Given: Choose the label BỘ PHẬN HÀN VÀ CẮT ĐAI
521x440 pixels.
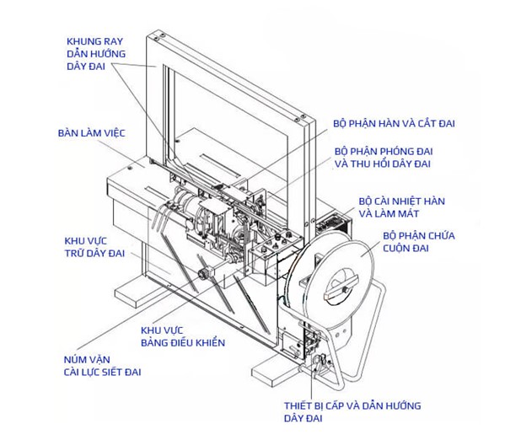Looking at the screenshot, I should [394, 123].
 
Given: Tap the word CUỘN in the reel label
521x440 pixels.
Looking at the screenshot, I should [397, 250].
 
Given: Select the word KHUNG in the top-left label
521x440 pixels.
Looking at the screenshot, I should [81, 40].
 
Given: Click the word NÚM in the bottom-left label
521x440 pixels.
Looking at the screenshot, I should [77, 357].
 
